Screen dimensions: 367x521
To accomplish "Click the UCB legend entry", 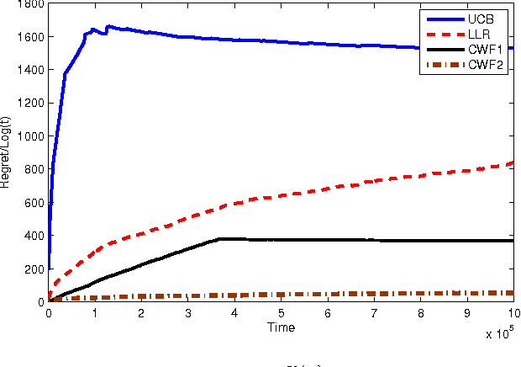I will coord(476,19).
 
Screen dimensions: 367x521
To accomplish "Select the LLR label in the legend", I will coord(476,34).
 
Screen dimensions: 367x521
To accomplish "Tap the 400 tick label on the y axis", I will coord(34,236).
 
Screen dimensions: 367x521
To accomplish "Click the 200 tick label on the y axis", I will coord(34,269).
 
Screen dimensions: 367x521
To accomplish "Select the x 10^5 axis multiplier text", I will coord(501,333).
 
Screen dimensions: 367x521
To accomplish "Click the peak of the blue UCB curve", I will coord(108,26).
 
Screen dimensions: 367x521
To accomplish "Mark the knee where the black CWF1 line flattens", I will coord(220,239).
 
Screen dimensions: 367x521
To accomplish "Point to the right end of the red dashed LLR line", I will coord(512,162).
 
